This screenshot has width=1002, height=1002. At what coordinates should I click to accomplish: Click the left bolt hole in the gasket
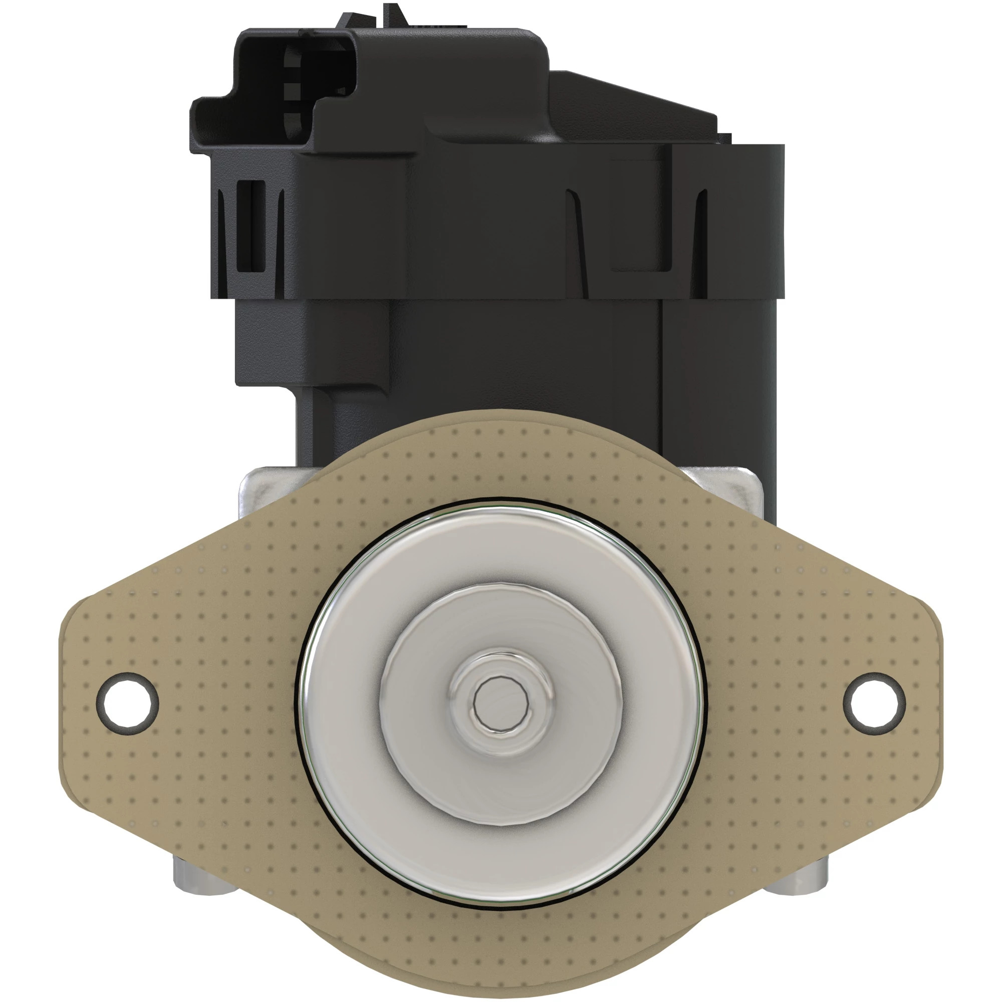click(x=128, y=703)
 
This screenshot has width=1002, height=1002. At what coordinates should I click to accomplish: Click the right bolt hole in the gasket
click(x=874, y=703)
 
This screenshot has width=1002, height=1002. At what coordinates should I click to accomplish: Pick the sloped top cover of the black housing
click(x=633, y=104)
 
